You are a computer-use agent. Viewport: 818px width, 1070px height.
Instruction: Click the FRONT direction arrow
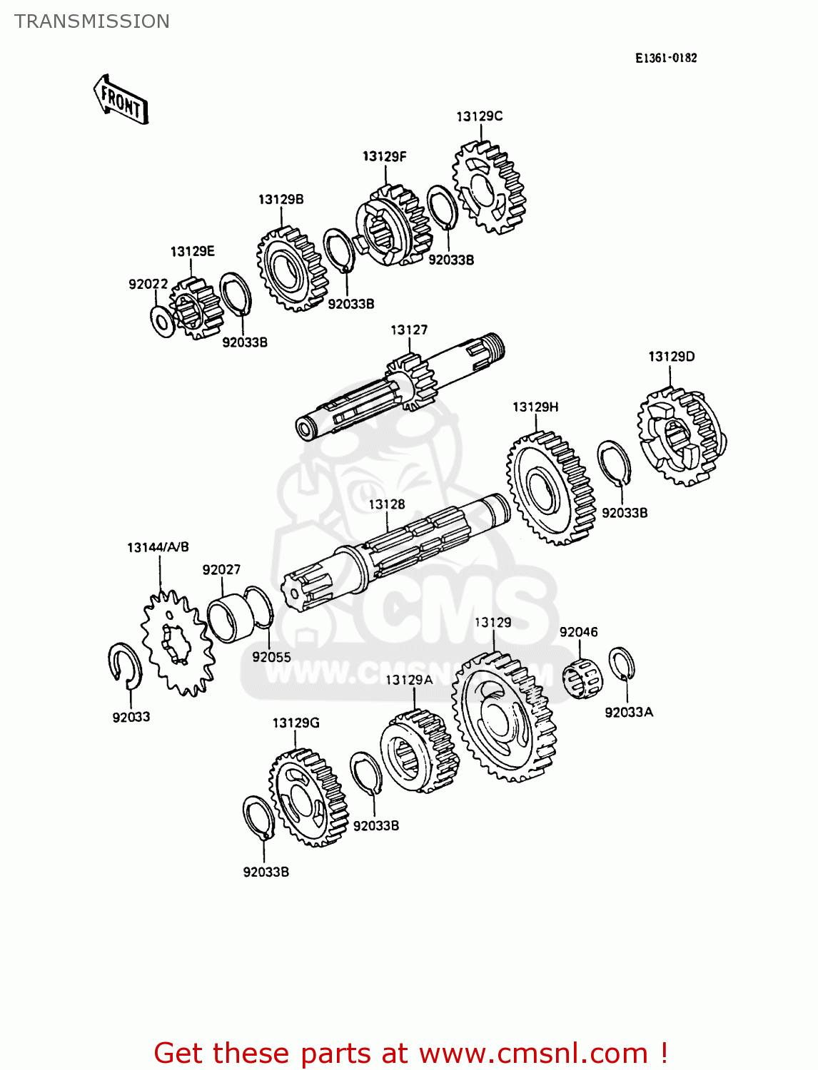[x=121, y=100]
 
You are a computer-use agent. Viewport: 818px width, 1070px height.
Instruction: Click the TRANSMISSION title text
[x=92, y=21]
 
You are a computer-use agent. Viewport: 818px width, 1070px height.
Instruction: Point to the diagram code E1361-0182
[x=665, y=58]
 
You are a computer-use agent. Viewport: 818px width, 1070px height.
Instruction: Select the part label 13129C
[x=479, y=116]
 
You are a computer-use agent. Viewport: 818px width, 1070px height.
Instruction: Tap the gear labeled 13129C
[x=488, y=187]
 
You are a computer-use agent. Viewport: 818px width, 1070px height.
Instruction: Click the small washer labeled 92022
[x=162, y=321]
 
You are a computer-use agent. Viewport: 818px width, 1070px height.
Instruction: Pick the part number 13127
[x=409, y=330]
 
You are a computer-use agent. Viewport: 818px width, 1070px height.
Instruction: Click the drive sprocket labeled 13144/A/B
[x=177, y=642]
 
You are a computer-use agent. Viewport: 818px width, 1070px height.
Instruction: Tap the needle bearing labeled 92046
[x=582, y=678]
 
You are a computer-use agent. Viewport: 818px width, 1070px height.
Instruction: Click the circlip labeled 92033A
[x=621, y=664]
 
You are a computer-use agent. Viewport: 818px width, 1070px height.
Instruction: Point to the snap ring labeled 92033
[x=125, y=666]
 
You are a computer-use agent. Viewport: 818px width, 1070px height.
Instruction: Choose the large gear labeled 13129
[x=503, y=717]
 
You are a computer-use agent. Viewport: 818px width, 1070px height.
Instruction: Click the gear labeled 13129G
[x=307, y=797]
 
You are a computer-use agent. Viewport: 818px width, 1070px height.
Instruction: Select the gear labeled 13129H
[x=550, y=488]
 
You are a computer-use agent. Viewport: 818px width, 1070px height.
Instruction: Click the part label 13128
[x=386, y=504]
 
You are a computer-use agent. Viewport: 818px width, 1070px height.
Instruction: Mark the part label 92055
[x=271, y=657]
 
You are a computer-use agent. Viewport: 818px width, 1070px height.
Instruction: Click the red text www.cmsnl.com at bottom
[x=533, y=1053]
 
